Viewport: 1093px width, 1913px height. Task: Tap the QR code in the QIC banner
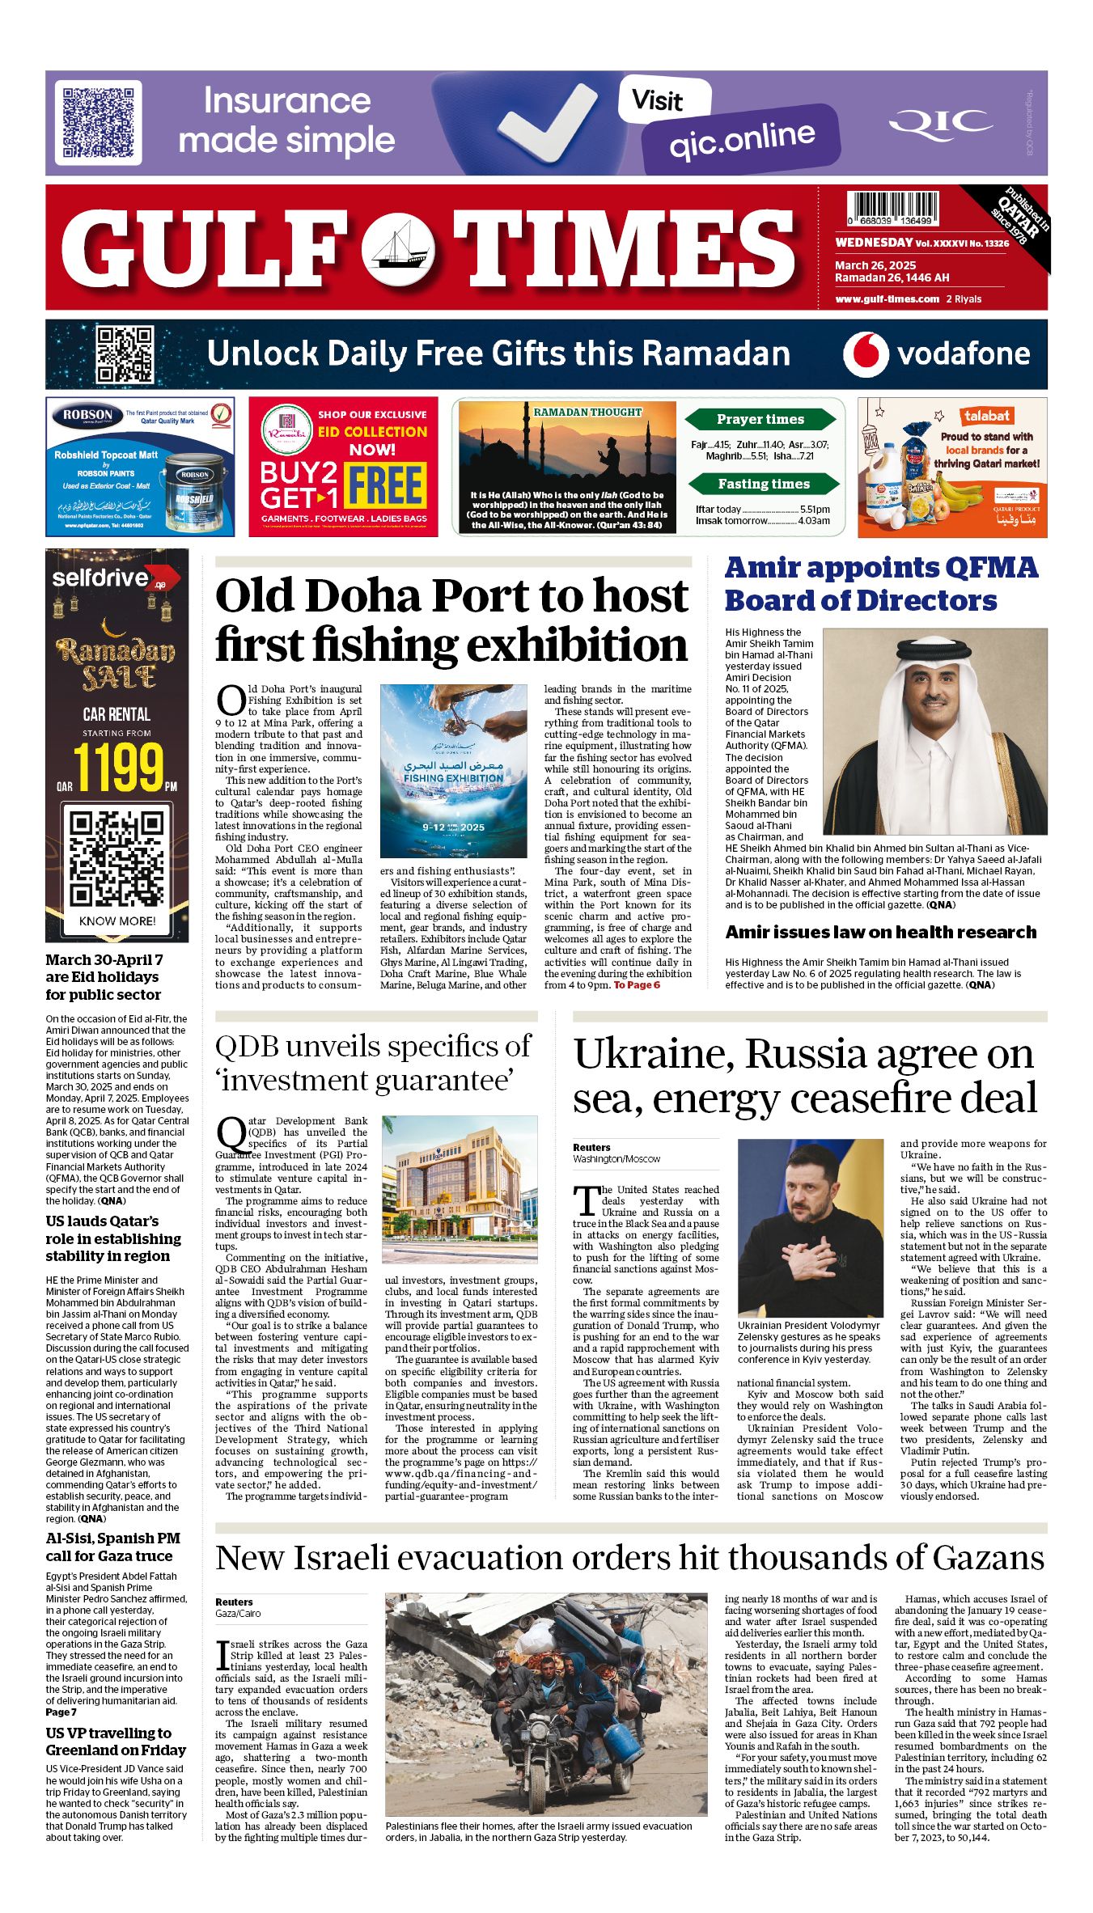point(99,122)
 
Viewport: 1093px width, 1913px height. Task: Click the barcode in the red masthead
point(893,208)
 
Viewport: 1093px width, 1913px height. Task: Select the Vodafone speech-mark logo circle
point(864,354)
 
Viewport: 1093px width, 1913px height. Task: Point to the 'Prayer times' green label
point(760,419)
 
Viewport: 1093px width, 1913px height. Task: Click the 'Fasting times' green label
point(763,484)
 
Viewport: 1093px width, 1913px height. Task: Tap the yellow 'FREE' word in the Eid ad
point(385,485)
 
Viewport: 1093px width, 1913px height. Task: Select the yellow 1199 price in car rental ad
point(118,766)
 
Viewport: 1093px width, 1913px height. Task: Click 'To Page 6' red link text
point(637,985)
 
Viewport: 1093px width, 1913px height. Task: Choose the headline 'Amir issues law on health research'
point(880,932)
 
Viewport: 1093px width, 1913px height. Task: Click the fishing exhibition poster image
point(453,771)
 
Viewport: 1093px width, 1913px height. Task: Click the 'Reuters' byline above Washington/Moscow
point(591,1147)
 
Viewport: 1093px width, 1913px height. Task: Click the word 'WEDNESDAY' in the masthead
point(874,243)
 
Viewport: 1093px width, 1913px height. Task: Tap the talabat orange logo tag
point(986,416)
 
